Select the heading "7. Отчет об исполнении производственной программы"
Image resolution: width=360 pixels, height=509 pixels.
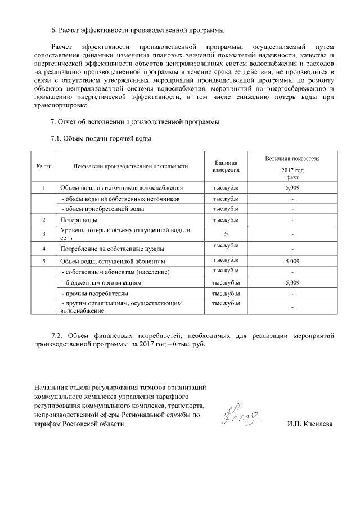135,122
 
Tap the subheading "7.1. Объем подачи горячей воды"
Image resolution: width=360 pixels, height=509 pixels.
101,138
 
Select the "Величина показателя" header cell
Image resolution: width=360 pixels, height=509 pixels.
292,159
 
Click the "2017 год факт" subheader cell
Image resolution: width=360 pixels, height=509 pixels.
292,173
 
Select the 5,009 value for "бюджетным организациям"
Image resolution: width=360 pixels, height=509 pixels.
292,282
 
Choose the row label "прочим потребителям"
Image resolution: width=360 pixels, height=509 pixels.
95,294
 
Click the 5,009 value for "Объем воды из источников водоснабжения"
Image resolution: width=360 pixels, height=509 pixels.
292,187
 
